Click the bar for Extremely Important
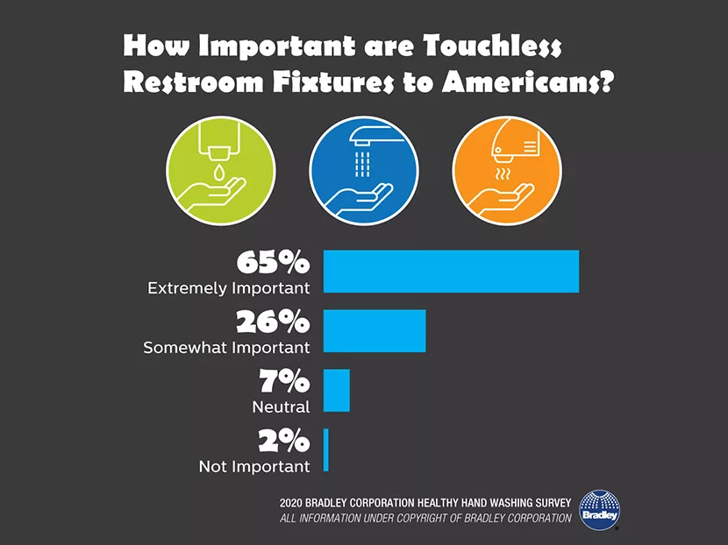tap(451, 271)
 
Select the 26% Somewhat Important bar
tap(375, 330)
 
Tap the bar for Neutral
tap(337, 390)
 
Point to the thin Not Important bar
tap(325, 449)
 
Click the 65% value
tap(272, 262)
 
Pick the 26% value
tap(272, 322)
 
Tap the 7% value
tap(283, 381)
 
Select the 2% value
tap(282, 441)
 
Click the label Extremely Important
tap(228, 287)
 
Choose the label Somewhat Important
tap(226, 347)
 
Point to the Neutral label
tap(281, 407)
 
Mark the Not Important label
tap(254, 466)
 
